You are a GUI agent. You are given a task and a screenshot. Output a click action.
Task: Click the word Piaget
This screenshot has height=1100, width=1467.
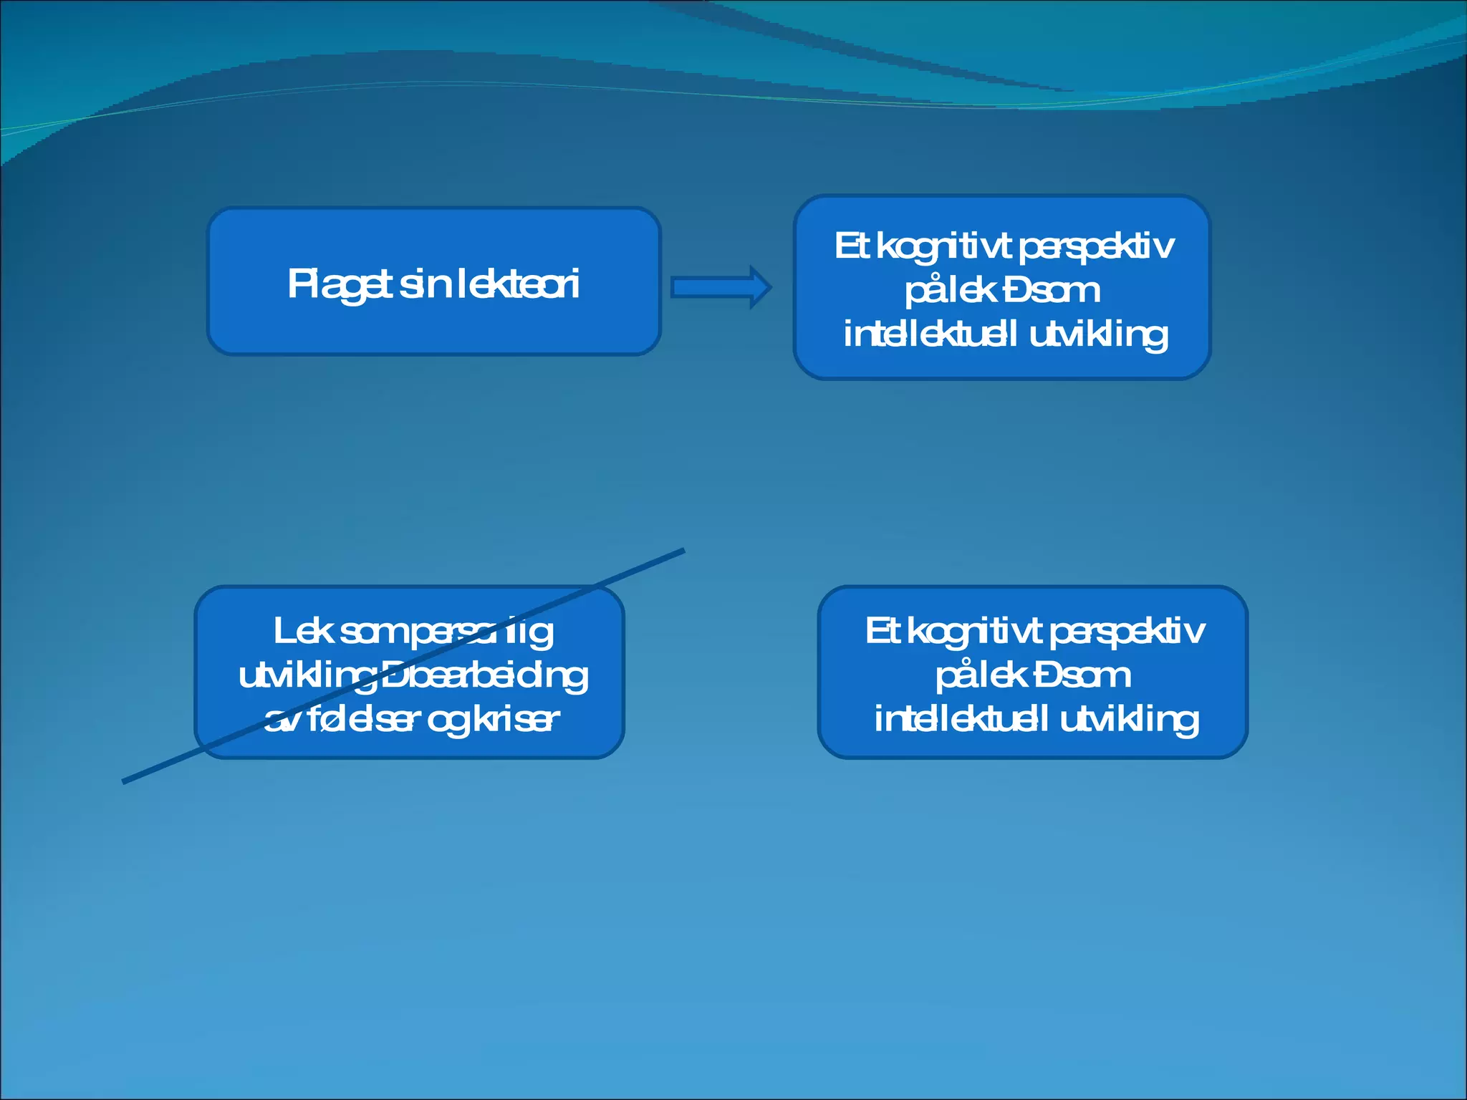[x=340, y=284]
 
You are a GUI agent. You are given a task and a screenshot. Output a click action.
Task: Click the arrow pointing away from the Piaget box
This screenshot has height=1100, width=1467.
[x=721, y=287]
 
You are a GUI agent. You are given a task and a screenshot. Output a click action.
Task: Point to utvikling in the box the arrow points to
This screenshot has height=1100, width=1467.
[x=1099, y=334]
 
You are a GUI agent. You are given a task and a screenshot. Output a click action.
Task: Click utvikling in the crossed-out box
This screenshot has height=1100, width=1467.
[x=307, y=676]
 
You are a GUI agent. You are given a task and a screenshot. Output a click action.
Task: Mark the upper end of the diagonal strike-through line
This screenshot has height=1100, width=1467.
[x=683, y=551]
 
